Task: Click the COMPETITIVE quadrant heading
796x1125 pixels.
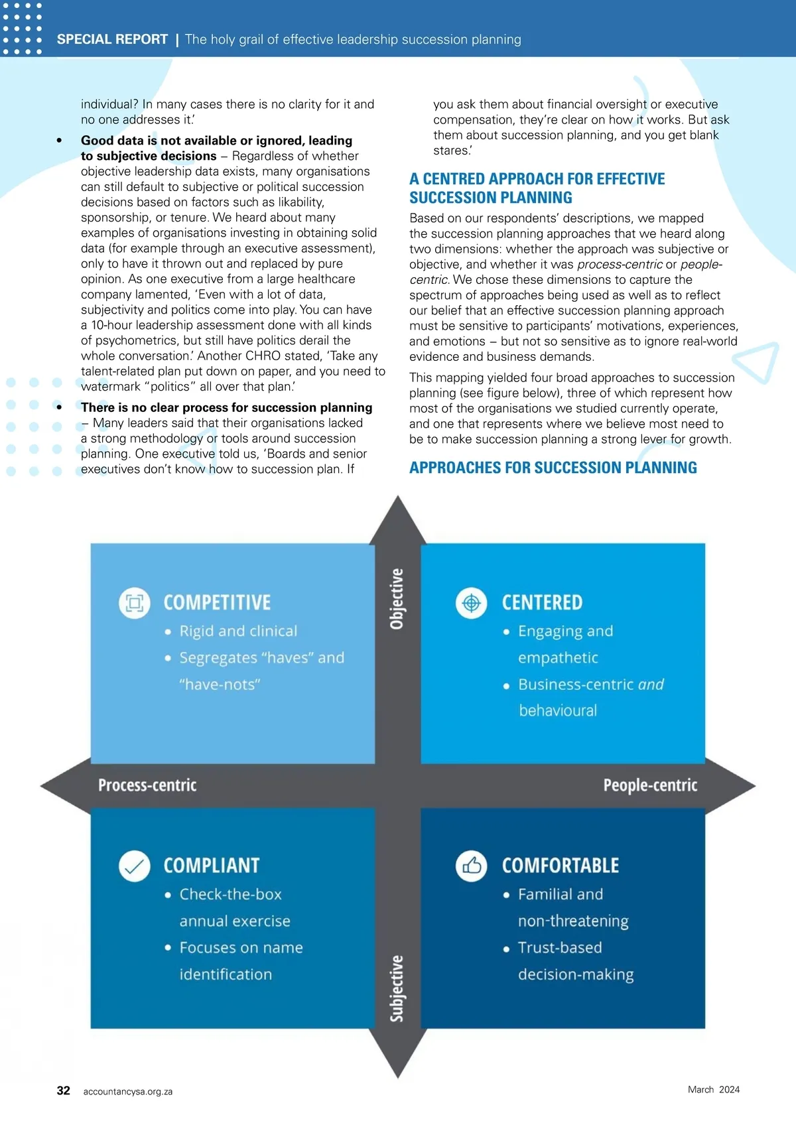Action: [217, 602]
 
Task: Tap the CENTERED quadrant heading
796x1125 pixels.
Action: [542, 602]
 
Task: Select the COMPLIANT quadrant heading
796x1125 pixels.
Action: [212, 866]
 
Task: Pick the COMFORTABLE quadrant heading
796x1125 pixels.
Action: [561, 866]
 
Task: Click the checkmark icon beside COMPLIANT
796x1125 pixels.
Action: [135, 866]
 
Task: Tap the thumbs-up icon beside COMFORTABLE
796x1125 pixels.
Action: [472, 866]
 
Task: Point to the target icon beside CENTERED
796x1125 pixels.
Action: [472, 603]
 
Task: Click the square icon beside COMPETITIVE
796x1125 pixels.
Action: [135, 603]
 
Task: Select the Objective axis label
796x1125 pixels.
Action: [397, 599]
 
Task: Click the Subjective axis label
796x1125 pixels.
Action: [397, 988]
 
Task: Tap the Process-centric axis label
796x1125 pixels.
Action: [147, 785]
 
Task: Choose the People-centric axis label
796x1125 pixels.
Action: [650, 785]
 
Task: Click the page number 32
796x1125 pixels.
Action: [64, 1091]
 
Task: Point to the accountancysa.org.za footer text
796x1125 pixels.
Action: [128, 1091]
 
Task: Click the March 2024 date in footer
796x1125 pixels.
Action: [714, 1089]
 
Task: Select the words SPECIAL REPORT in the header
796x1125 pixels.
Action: [112, 39]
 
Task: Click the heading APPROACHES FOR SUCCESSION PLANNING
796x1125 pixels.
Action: [553, 468]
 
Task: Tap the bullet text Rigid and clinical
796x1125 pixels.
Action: [238, 631]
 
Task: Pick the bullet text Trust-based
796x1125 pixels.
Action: [560, 947]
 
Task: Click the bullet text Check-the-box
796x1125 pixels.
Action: [230, 894]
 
